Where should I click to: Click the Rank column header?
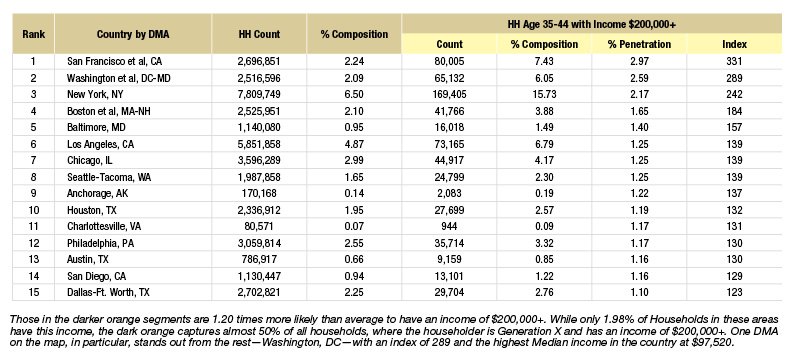33,34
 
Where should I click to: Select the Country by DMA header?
133,34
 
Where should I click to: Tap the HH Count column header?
259,34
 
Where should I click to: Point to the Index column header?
734,44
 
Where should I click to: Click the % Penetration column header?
639,44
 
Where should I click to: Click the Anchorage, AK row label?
95,193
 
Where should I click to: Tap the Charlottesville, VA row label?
104,226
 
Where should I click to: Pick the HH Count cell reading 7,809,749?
259,94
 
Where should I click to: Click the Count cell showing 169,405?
449,94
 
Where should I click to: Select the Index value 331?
734,62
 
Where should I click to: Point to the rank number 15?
33,292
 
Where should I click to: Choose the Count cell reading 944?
449,226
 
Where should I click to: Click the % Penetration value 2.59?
639,78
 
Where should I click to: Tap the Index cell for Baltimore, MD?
734,128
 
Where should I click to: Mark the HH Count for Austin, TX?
259,260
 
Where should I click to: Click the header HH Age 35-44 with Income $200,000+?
592,24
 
